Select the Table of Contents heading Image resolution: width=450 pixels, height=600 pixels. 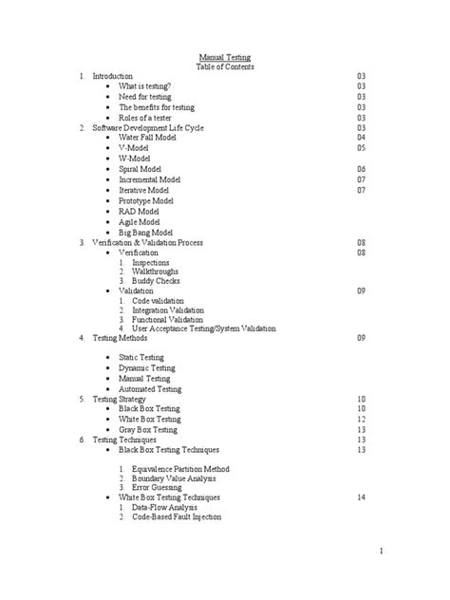(224, 66)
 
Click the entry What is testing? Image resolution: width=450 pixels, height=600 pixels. (144, 86)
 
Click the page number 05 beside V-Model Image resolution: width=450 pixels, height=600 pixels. (361, 148)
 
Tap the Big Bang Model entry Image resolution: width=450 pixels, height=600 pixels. (145, 232)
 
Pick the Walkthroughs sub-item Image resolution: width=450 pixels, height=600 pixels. (154, 272)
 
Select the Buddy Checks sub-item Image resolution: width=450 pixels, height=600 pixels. (155, 281)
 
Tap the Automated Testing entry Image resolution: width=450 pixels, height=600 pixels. (149, 389)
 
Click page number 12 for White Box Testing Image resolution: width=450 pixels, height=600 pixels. (361, 419)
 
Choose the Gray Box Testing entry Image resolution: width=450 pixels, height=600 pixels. (149, 429)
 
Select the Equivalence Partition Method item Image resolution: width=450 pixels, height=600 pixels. (180, 469)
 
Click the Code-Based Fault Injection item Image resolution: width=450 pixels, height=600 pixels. (176, 517)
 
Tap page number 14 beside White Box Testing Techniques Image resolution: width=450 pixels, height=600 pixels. (361, 497)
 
